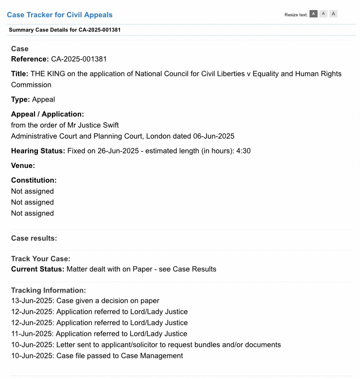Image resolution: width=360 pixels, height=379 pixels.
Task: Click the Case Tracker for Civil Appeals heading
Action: [60, 15]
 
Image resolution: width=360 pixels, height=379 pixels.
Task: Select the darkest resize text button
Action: [313, 14]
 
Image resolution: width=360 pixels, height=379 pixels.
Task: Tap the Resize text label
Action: [296, 15]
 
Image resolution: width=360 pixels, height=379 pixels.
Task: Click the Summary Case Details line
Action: [64, 30]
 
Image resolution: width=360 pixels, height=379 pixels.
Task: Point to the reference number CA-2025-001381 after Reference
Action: [79, 59]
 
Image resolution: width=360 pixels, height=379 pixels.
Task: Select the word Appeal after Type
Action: [43, 100]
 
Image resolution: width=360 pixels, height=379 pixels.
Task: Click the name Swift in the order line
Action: [109, 125]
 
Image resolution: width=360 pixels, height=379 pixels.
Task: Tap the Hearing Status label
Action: [38, 151]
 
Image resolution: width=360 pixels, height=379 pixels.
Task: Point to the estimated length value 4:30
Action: [243, 151]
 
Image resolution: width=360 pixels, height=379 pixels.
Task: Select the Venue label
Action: [23, 166]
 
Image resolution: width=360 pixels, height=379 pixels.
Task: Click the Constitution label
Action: [34, 180]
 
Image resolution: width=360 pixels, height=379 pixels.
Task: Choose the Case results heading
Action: [34, 238]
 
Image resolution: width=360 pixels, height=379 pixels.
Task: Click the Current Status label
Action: [37, 269]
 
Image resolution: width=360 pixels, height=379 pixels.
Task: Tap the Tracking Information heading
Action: [48, 290]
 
